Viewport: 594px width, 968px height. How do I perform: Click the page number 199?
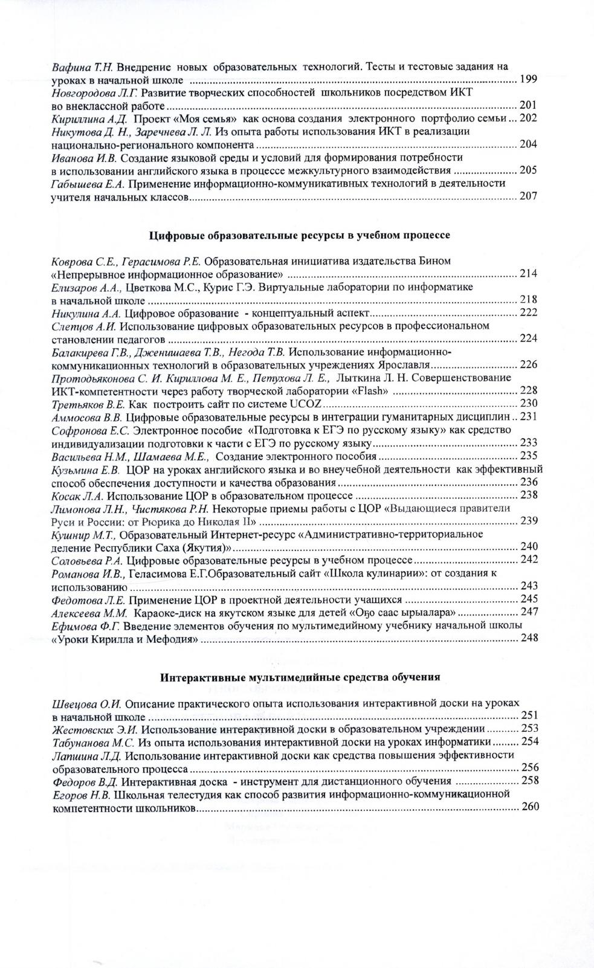point(528,79)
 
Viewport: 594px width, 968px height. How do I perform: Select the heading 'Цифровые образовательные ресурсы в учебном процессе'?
point(300,234)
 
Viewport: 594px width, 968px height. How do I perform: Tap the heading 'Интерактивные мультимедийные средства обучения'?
point(300,677)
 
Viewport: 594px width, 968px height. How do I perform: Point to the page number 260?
point(529,807)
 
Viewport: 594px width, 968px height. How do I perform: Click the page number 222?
point(529,312)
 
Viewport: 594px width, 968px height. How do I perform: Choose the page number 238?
point(529,495)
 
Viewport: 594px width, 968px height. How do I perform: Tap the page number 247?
point(529,611)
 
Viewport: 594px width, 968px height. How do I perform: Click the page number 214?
point(529,274)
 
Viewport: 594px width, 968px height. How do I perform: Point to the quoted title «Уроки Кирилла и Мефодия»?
point(125,638)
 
